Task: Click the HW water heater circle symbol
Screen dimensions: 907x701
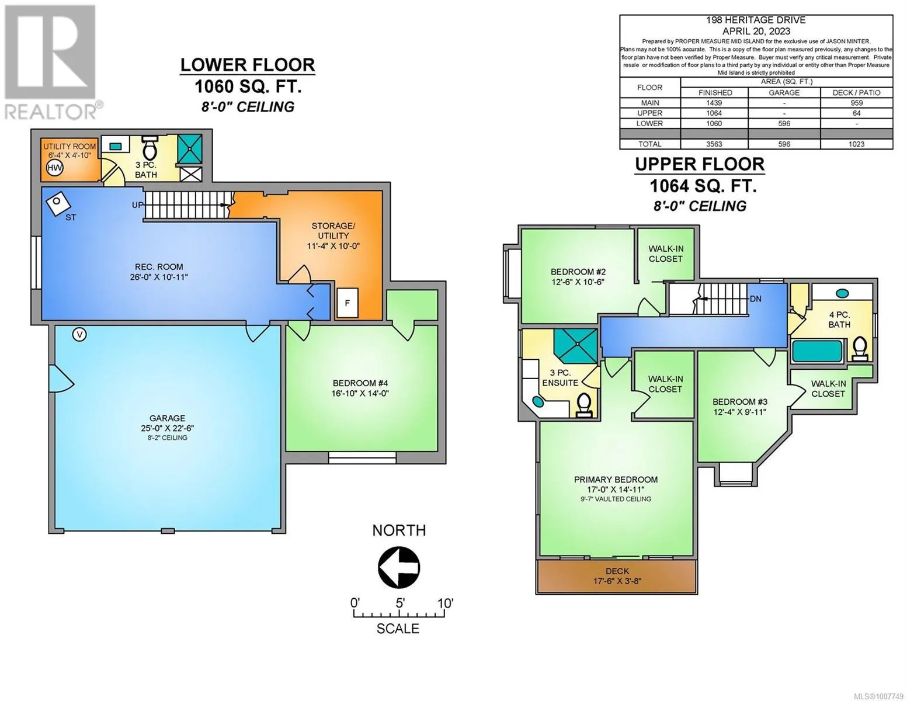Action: tap(55, 168)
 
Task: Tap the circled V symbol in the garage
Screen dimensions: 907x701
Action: tap(79, 334)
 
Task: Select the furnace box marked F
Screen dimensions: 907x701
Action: tap(347, 303)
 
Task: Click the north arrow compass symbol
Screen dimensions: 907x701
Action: tap(399, 568)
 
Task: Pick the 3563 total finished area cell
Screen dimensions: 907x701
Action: tap(714, 144)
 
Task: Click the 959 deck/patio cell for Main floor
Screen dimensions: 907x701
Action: tap(857, 103)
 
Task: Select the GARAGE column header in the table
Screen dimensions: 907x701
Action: tap(784, 93)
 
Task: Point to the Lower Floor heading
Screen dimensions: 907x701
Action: tap(248, 65)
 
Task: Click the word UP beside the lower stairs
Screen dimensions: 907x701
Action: tap(137, 205)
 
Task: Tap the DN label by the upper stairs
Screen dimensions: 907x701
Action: tap(756, 299)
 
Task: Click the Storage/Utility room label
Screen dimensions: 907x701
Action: tap(333, 236)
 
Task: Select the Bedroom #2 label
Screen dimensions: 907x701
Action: tap(578, 277)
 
